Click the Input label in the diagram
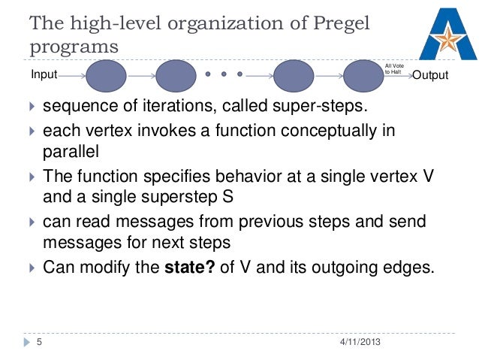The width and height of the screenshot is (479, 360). click(x=43, y=75)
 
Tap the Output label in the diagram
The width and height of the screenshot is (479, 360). click(x=431, y=76)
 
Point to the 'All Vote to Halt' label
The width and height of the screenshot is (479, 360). click(x=393, y=68)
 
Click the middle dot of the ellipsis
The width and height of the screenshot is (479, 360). click(x=224, y=75)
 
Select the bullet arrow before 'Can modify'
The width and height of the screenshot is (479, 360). click(x=32, y=266)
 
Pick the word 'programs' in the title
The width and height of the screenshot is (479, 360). click(x=74, y=47)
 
